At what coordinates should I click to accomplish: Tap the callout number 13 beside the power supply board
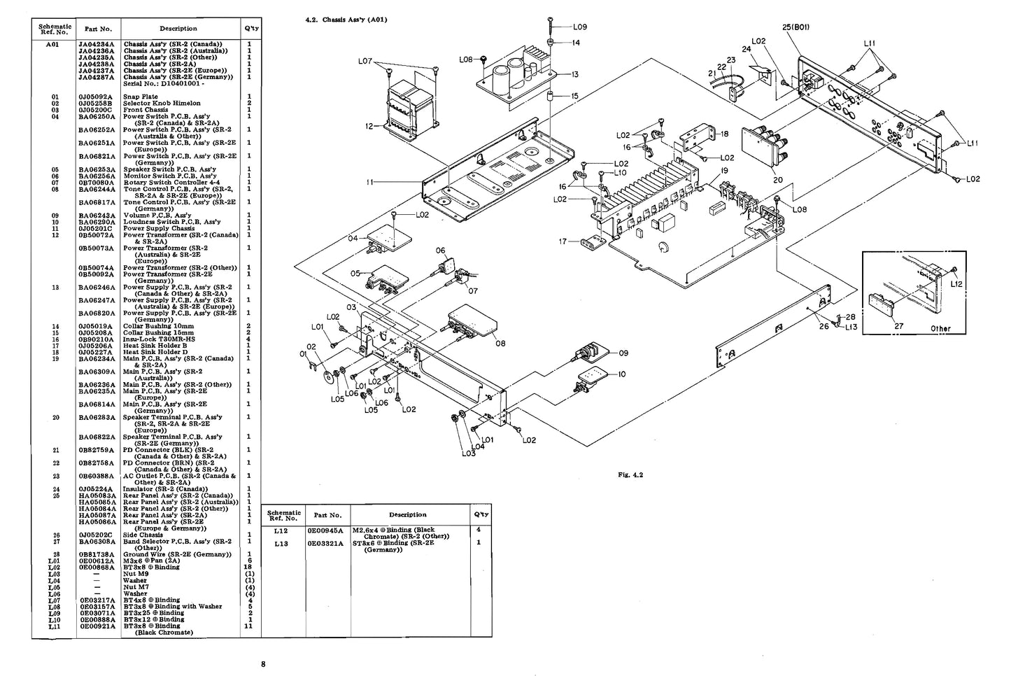(x=574, y=74)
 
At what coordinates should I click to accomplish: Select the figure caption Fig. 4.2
(x=630, y=475)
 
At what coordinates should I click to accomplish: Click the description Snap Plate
(x=141, y=97)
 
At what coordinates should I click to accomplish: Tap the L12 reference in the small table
(x=281, y=530)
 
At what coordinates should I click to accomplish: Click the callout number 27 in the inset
(x=898, y=325)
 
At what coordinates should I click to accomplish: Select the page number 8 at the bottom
(x=263, y=663)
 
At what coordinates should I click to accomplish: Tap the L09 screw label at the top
(x=579, y=27)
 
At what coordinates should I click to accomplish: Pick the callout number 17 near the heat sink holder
(x=563, y=241)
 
